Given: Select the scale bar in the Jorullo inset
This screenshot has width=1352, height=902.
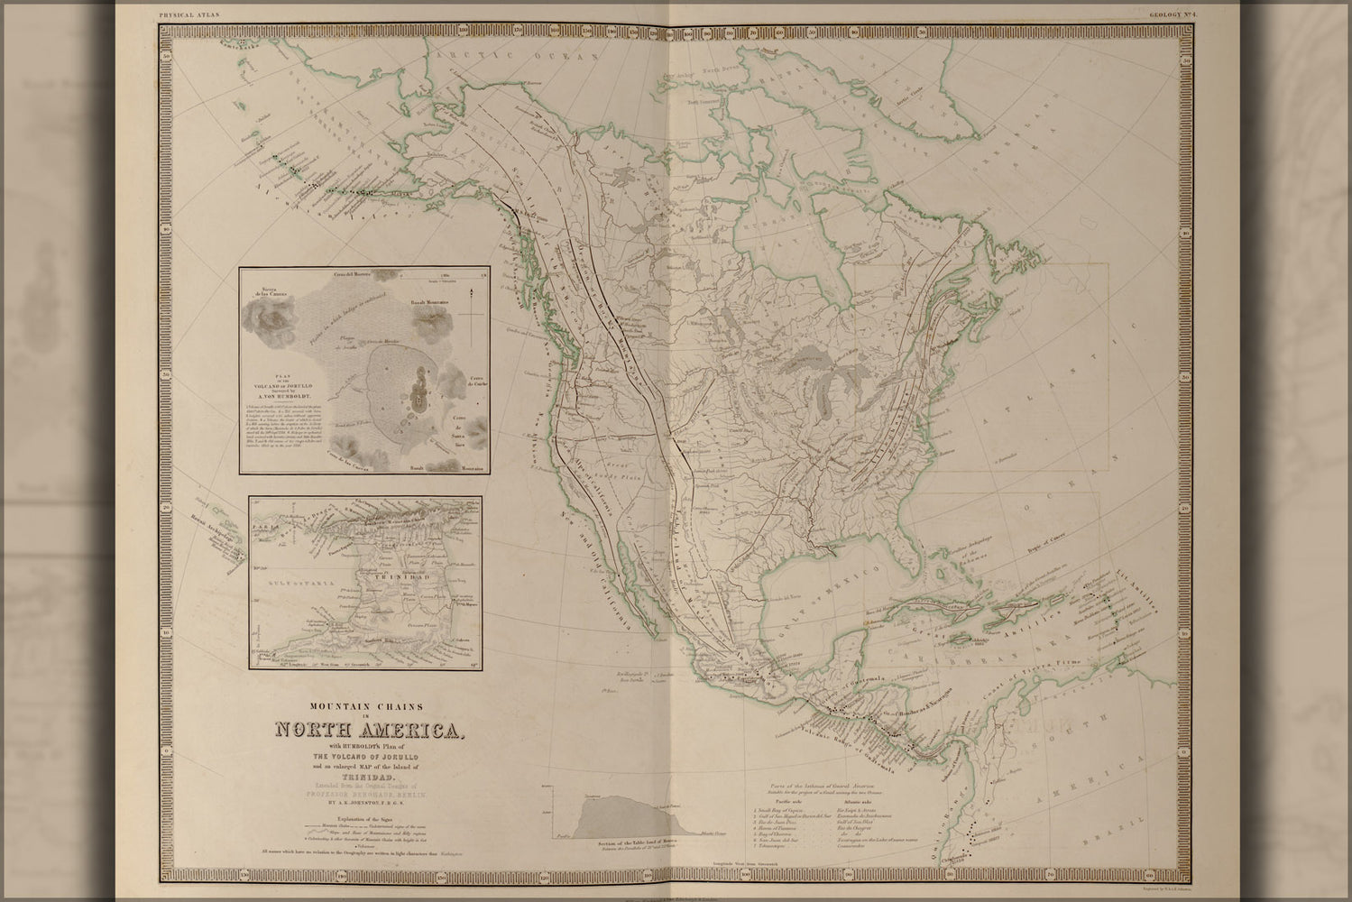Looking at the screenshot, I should click(x=446, y=277).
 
